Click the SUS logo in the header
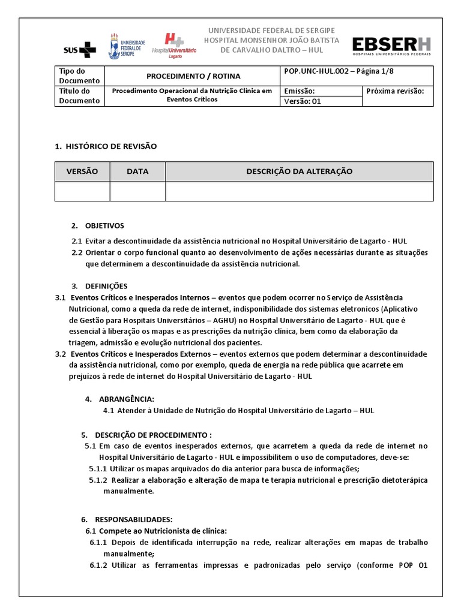[x=79, y=48]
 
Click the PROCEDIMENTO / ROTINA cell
[x=193, y=76]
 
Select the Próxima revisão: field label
[x=394, y=91]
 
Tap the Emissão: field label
[x=299, y=91]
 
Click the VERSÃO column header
[x=82, y=171]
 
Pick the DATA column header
[x=137, y=171]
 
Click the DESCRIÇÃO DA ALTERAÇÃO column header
[x=299, y=171]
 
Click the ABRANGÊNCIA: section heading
[x=128, y=399]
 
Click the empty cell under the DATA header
[x=137, y=191]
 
